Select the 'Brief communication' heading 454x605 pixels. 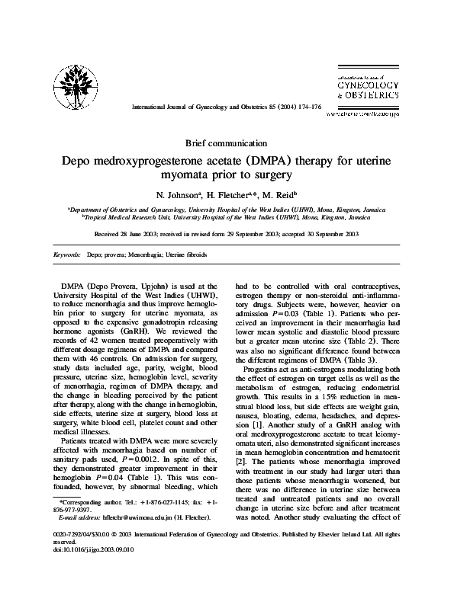(227, 142)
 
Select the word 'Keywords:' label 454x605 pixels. (69, 254)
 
